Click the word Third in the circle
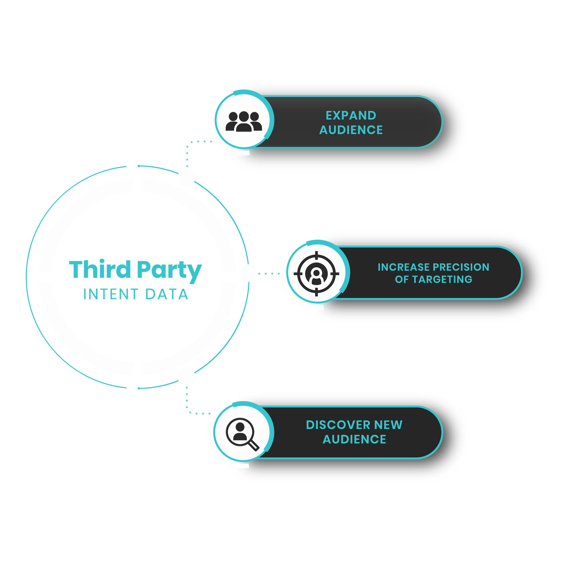[x=100, y=269]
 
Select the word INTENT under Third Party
[x=111, y=294]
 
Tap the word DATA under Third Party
[x=167, y=294]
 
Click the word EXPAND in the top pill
[x=351, y=115]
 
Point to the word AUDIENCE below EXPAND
[x=351, y=130]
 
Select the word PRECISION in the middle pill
[x=461, y=267]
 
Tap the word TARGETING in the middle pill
[x=442, y=279]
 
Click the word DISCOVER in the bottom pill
[x=338, y=425]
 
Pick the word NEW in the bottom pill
[x=388, y=425]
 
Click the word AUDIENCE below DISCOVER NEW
[x=354, y=439]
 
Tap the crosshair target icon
[x=316, y=273]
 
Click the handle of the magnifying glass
[x=253, y=445]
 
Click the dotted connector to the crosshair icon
[x=269, y=273]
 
